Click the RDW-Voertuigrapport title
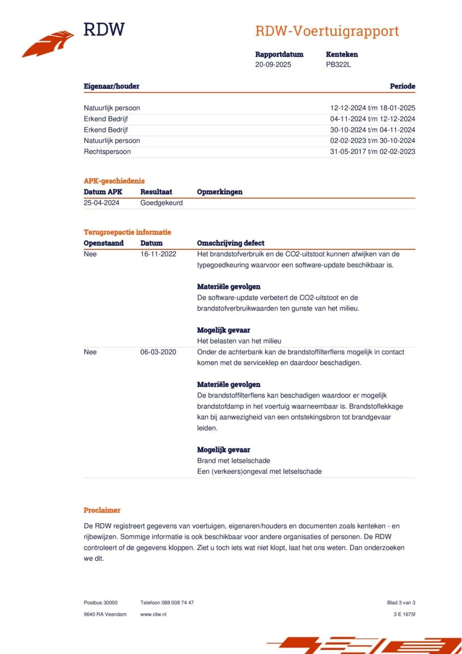(x=327, y=31)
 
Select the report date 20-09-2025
(x=273, y=65)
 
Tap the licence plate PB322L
(x=338, y=65)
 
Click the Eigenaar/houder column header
(x=111, y=86)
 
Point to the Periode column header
(x=402, y=86)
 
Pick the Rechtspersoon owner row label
(x=107, y=152)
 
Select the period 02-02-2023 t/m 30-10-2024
(x=372, y=141)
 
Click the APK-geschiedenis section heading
(x=114, y=181)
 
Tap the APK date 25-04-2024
(x=101, y=203)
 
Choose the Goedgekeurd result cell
(x=161, y=203)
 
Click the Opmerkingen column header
(x=219, y=192)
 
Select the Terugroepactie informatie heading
(x=127, y=232)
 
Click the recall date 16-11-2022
(x=158, y=254)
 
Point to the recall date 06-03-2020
(x=158, y=352)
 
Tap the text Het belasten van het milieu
(x=239, y=341)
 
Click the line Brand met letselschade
(x=234, y=461)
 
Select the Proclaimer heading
(x=102, y=510)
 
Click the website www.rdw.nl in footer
(x=153, y=614)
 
